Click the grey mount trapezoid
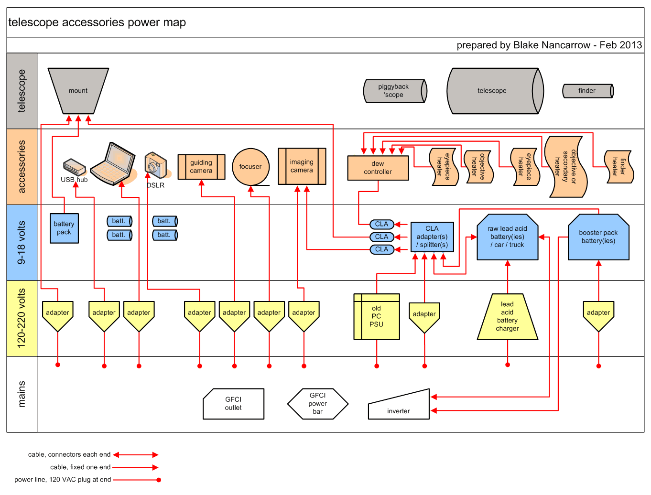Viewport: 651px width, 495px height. pyautogui.click(x=78, y=90)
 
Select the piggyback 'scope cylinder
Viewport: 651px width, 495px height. pyautogui.click(x=394, y=91)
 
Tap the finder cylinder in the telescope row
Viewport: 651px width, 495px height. pyautogui.click(x=587, y=91)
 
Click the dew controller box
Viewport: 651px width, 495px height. pyautogui.click(x=378, y=168)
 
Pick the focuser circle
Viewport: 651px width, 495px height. pyautogui.click(x=250, y=167)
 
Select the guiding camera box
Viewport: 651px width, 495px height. pyautogui.click(x=201, y=167)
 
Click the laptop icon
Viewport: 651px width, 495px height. pyautogui.click(x=114, y=164)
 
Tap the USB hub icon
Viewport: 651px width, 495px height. pyautogui.click(x=74, y=168)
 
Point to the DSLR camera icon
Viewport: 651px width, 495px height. pyautogui.click(x=156, y=165)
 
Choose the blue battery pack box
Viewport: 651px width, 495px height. pyautogui.click(x=64, y=228)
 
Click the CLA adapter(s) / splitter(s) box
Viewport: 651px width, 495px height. pyautogui.click(x=432, y=237)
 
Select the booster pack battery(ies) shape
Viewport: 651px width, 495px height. pyautogui.click(x=598, y=237)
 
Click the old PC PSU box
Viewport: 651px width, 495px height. pyautogui.click(x=377, y=316)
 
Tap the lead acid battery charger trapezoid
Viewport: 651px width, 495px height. pyautogui.click(x=507, y=317)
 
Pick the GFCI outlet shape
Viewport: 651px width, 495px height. pyautogui.click(x=233, y=404)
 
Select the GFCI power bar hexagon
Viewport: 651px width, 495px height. pyautogui.click(x=318, y=404)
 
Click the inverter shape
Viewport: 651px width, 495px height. pyautogui.click(x=399, y=407)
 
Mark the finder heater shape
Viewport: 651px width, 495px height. pyautogui.click(x=619, y=166)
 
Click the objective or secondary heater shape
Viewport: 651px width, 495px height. pyautogui.click(x=566, y=167)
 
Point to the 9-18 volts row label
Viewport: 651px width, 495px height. pyautogui.click(x=22, y=242)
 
